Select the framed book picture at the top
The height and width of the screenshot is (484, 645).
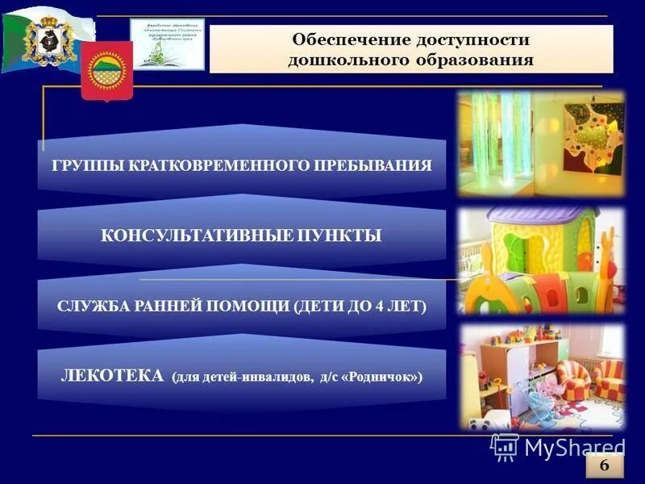point(167,44)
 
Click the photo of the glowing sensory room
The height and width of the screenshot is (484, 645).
point(540,143)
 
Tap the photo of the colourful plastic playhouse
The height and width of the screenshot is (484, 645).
point(540,260)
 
